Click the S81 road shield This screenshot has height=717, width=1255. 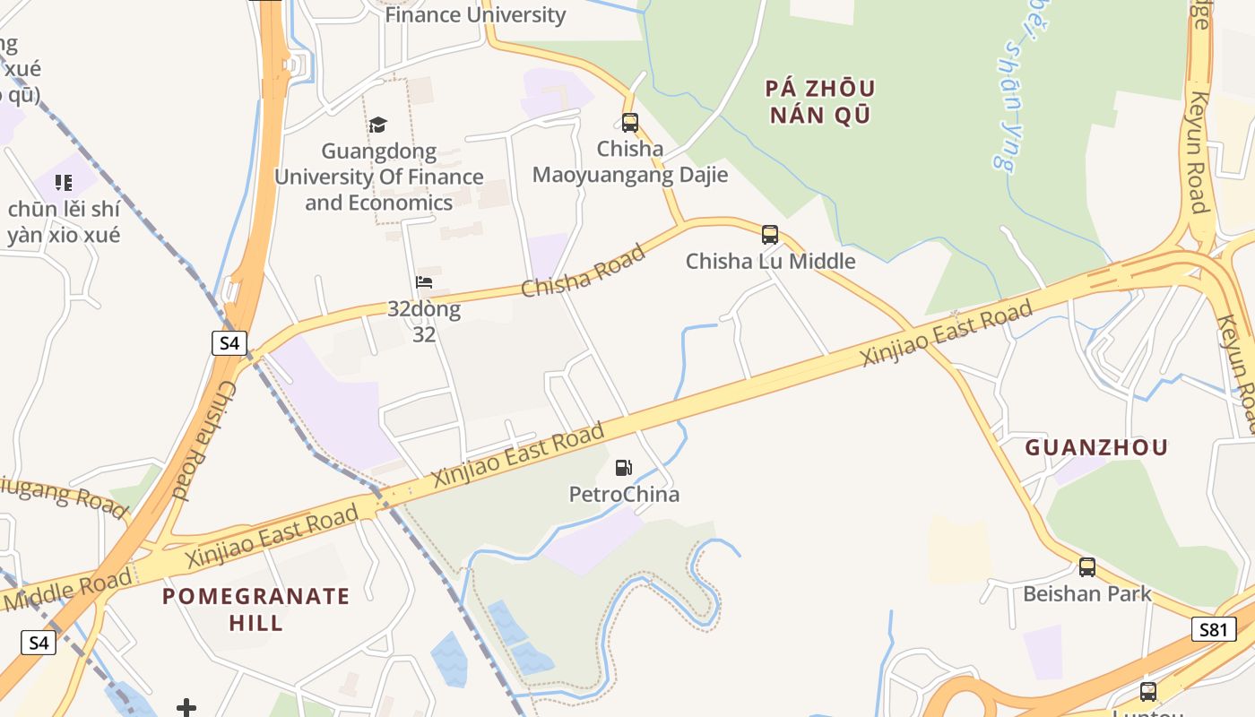pos(1214,629)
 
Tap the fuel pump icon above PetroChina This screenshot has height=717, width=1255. pos(624,467)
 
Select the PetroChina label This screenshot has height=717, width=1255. pos(624,494)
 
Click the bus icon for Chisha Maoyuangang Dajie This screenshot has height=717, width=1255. pos(630,123)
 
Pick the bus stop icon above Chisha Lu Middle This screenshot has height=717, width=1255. pos(770,235)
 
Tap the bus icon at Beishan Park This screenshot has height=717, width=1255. pos(1087,566)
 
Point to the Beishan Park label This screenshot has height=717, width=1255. pos(1087,593)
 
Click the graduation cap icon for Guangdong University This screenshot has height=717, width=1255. pos(378,125)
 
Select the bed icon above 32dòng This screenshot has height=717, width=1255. pos(424,282)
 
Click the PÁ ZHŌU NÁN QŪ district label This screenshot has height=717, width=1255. pos(820,101)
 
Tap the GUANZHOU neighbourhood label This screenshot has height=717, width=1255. pos(1096,447)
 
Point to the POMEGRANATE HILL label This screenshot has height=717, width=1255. pos(255,609)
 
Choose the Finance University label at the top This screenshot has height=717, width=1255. pos(475,15)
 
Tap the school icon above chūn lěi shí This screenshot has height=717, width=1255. pos(63,183)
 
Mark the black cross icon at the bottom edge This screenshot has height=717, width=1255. pos(186,708)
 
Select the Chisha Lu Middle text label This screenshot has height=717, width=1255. pos(770,262)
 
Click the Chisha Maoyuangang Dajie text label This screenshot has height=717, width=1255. pos(630,161)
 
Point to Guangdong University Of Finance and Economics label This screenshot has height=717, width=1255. pos(378,177)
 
